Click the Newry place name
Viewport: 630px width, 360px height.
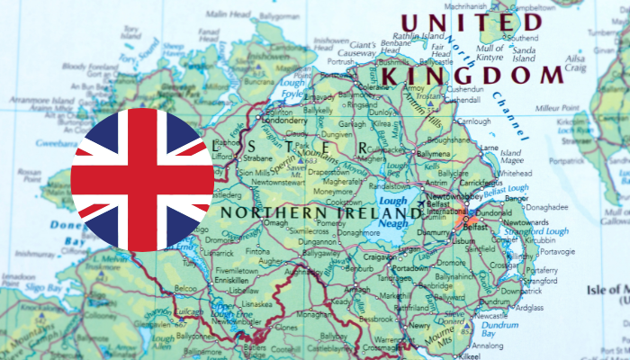click(418, 327)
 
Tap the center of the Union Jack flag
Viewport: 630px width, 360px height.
click(142, 180)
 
